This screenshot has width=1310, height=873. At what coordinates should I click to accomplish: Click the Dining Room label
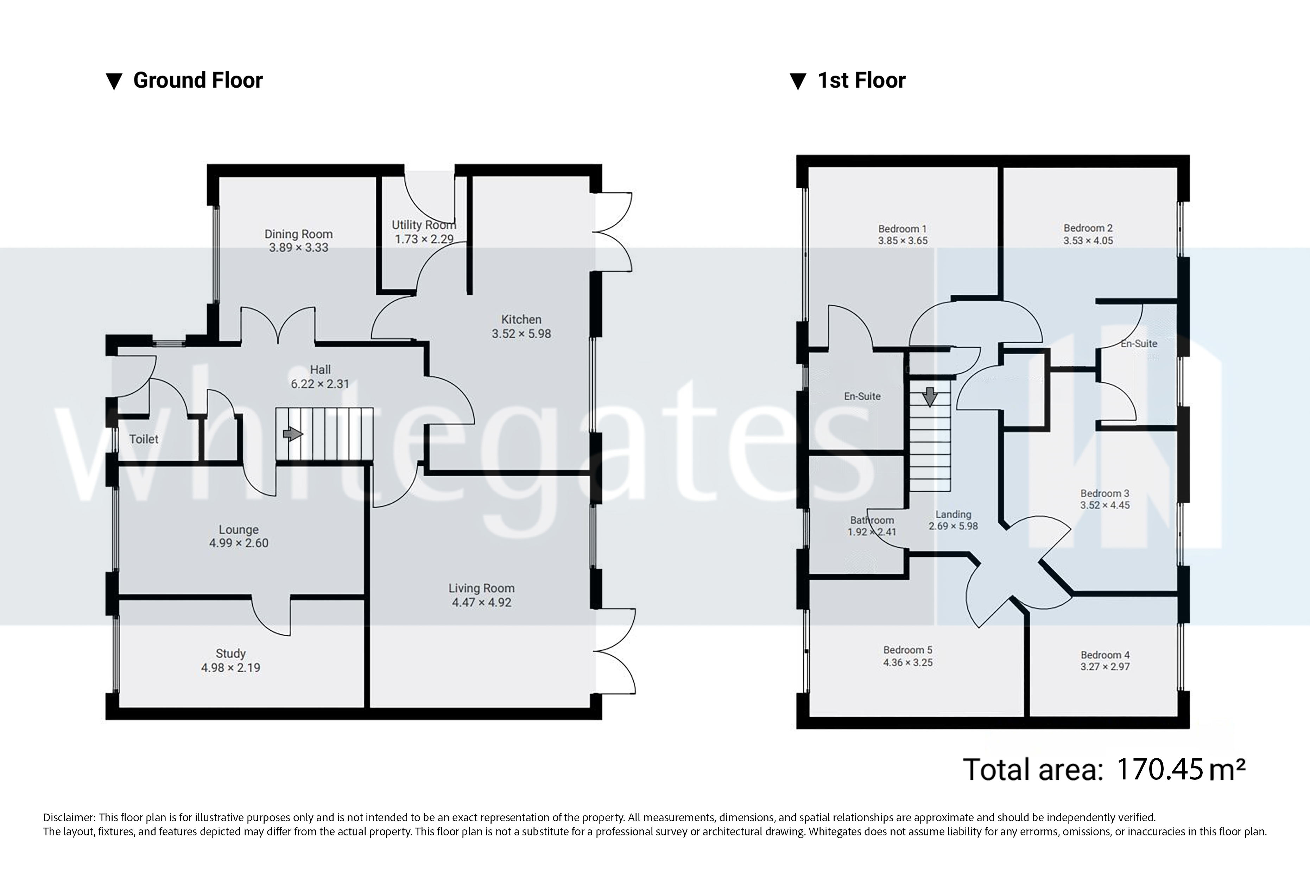click(298, 234)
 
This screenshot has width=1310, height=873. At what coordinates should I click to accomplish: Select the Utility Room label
click(423, 225)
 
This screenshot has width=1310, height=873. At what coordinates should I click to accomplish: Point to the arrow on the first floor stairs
click(930, 397)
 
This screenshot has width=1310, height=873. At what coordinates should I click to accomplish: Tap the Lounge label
click(238, 529)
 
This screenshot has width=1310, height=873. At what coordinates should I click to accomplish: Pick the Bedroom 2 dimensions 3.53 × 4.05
click(1088, 241)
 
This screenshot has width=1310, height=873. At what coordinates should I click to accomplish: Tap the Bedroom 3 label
click(1105, 493)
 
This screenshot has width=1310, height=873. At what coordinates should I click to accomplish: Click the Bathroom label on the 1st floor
click(872, 520)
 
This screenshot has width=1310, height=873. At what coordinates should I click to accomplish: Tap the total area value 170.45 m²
click(1181, 770)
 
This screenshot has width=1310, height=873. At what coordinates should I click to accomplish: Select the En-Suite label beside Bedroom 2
click(1138, 344)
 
